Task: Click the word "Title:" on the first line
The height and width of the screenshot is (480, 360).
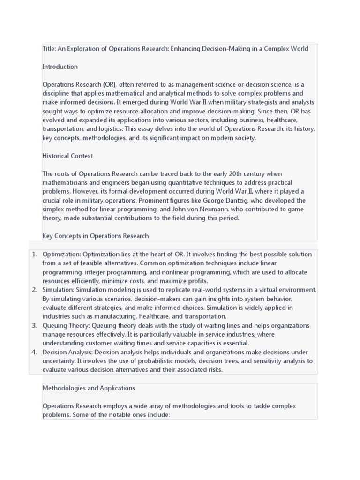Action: coord(49,49)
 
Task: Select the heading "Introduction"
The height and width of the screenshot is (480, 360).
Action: coord(60,67)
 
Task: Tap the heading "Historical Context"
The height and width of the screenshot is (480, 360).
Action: coord(67,156)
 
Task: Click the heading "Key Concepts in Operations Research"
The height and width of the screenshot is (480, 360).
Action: coord(96,236)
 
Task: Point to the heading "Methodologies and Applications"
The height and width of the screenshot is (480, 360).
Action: coord(89,388)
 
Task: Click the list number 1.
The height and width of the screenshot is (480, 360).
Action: coord(34,254)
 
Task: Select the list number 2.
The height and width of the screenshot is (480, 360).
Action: coord(34,290)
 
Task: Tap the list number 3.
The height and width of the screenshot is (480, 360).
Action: coord(34,325)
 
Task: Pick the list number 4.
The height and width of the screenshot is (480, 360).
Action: coord(34,352)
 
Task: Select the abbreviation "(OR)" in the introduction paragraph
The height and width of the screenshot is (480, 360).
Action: coord(108,84)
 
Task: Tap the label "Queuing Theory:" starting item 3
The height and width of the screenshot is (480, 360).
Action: coord(66,325)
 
